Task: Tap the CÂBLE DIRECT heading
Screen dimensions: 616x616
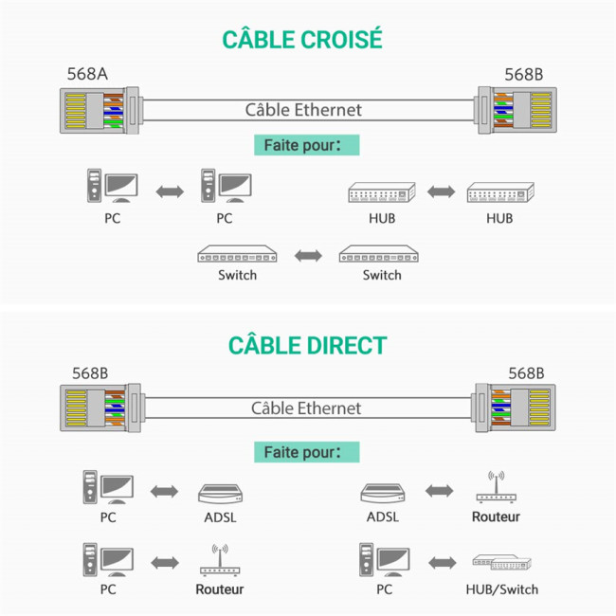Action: [x=307, y=344]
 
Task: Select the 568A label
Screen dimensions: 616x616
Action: [x=86, y=74]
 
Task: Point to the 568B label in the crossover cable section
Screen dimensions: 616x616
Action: [x=523, y=74]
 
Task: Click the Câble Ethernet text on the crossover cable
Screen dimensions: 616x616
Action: [x=303, y=110]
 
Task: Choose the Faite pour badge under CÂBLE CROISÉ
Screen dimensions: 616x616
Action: [x=307, y=146]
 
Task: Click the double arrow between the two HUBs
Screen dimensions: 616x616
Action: [x=441, y=192]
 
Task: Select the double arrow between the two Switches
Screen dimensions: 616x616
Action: [x=308, y=255]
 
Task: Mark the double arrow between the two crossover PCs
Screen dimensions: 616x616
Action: [x=169, y=192]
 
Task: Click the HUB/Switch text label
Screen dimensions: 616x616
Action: [x=501, y=589]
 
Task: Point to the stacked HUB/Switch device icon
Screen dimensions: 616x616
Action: [x=499, y=563]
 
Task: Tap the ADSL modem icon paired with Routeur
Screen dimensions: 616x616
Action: [x=383, y=493]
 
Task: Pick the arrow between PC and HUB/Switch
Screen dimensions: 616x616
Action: [x=441, y=562]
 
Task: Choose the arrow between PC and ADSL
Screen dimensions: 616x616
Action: [x=165, y=491]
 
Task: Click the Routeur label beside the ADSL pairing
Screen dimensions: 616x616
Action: [x=496, y=517]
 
